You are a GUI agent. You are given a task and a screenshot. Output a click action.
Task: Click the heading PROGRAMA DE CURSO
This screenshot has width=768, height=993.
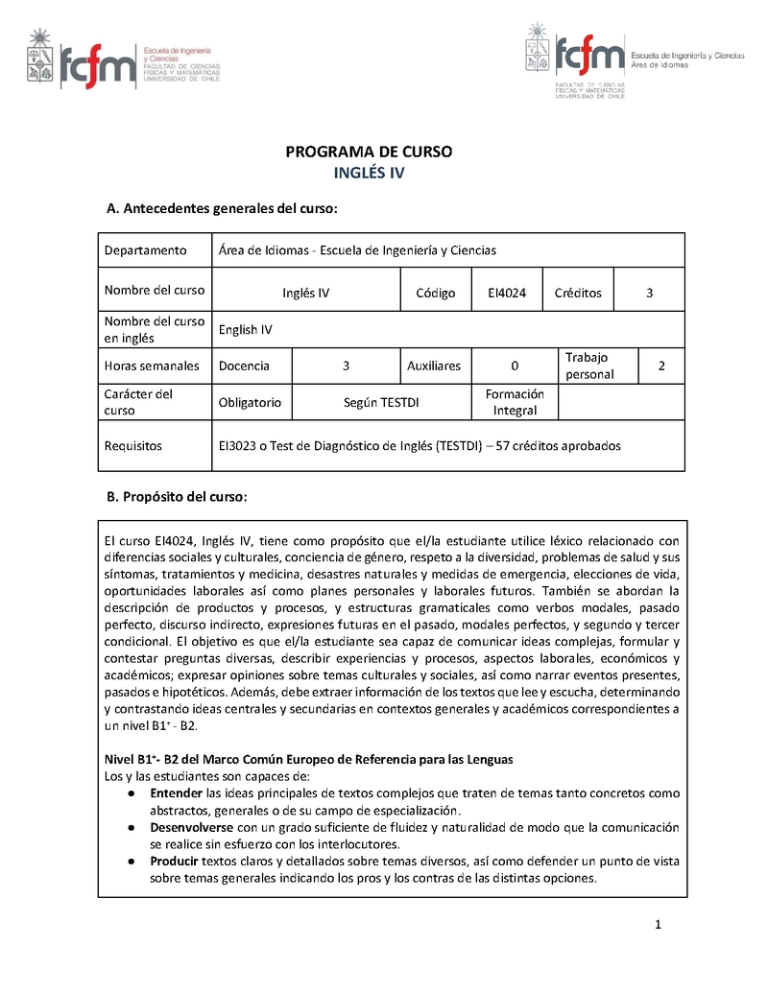(370, 152)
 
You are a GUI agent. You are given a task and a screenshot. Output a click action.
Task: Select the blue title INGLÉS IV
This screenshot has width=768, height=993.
(370, 174)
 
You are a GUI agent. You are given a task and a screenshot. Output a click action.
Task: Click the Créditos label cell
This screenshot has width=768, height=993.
(578, 293)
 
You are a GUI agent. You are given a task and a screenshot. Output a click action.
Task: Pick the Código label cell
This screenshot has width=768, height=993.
(436, 293)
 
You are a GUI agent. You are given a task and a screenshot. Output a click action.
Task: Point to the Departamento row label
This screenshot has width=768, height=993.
(145, 250)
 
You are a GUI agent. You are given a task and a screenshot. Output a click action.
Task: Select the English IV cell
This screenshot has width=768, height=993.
(246, 330)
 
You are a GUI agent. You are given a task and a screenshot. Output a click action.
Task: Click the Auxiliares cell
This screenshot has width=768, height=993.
(434, 366)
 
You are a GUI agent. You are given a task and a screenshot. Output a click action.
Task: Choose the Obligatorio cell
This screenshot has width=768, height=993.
(250, 402)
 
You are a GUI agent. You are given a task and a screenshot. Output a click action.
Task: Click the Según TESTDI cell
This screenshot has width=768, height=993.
(381, 402)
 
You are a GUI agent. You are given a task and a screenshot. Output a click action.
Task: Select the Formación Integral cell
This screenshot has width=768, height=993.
(515, 402)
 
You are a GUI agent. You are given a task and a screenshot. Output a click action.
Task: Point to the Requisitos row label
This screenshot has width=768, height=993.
(133, 445)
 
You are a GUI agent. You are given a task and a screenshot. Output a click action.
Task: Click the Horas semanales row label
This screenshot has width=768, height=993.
(152, 366)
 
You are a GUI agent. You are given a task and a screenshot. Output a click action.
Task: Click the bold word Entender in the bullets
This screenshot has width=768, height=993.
(177, 793)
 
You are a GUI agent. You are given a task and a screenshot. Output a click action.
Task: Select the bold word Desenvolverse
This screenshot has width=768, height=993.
(192, 827)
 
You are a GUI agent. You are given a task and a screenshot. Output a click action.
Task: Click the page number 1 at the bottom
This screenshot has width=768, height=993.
(659, 925)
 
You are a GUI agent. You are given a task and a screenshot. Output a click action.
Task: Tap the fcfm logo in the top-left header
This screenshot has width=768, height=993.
(98, 64)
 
